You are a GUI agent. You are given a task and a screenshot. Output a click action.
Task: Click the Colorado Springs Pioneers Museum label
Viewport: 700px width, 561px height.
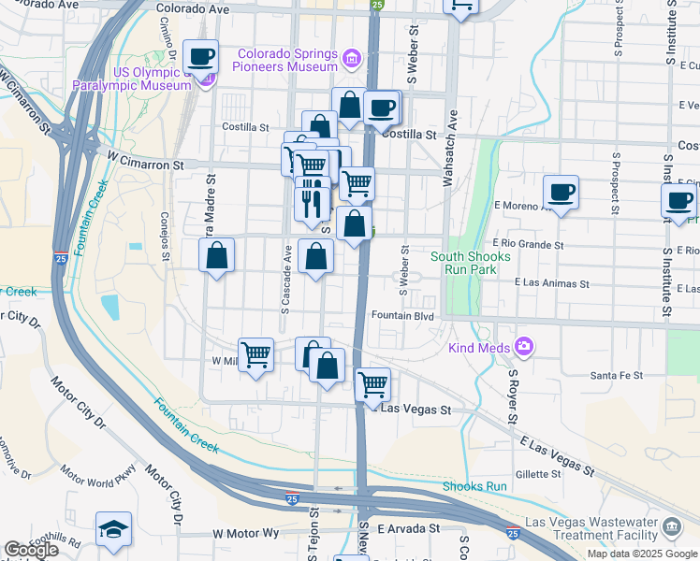[287, 60]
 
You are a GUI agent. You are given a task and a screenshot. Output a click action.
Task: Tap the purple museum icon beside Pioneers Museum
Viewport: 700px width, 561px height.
[352, 60]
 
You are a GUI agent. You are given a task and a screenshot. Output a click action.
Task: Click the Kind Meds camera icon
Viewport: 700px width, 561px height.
[523, 348]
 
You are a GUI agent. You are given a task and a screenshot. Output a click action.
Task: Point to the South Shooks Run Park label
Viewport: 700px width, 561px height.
[471, 263]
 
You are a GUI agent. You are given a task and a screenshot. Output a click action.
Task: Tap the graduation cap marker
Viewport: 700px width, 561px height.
[113, 529]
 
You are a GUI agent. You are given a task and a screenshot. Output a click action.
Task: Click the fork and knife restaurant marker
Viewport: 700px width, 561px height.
[312, 203]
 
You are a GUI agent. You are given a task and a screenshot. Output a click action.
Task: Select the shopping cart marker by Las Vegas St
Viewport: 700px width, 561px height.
[373, 382]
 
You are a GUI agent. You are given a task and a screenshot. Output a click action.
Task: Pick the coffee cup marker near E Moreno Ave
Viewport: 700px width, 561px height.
[561, 193]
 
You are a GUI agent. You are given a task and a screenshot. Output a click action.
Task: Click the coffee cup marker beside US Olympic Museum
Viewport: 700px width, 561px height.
[201, 57]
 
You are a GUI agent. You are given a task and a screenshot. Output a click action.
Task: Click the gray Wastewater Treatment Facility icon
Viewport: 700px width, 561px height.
[672, 527]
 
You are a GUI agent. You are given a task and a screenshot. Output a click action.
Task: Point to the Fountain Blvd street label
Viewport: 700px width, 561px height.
[403, 317]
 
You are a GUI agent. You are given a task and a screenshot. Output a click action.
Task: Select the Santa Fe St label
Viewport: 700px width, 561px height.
[616, 375]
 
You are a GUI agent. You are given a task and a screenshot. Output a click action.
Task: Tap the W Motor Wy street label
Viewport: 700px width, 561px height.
[246, 533]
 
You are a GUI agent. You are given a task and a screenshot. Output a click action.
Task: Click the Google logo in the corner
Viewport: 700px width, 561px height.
[30, 550]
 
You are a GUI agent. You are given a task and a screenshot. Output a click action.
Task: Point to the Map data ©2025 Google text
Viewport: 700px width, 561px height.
[642, 554]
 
